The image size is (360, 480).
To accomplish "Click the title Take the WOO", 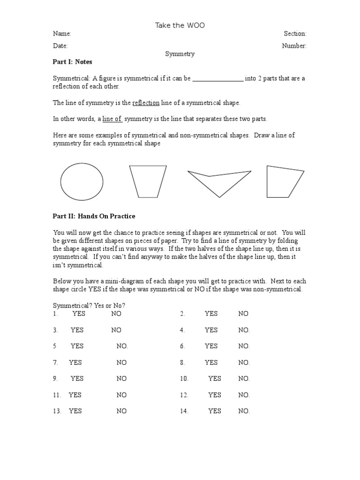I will [180, 25].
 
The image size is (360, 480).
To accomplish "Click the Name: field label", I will [62, 34].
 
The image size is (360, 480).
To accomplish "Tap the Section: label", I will [295, 34].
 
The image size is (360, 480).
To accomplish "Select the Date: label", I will [60, 46].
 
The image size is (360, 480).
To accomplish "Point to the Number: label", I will [294, 46].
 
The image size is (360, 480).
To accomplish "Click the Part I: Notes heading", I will [73, 62].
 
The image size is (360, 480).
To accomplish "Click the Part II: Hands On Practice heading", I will [94, 216].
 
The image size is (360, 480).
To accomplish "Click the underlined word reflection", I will [146, 103].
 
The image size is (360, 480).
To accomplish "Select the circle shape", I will [82, 182].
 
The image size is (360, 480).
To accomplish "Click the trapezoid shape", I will [148, 181].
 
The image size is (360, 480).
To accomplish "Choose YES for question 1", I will [79, 314].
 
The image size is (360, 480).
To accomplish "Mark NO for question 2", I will [243, 314].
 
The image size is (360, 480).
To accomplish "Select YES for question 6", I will [211, 346].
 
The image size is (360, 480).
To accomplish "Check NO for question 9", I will [121, 378].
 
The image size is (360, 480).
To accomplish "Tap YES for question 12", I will [214, 395].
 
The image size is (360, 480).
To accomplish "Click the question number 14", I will [184, 411].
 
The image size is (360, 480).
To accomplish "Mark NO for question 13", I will [121, 411].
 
